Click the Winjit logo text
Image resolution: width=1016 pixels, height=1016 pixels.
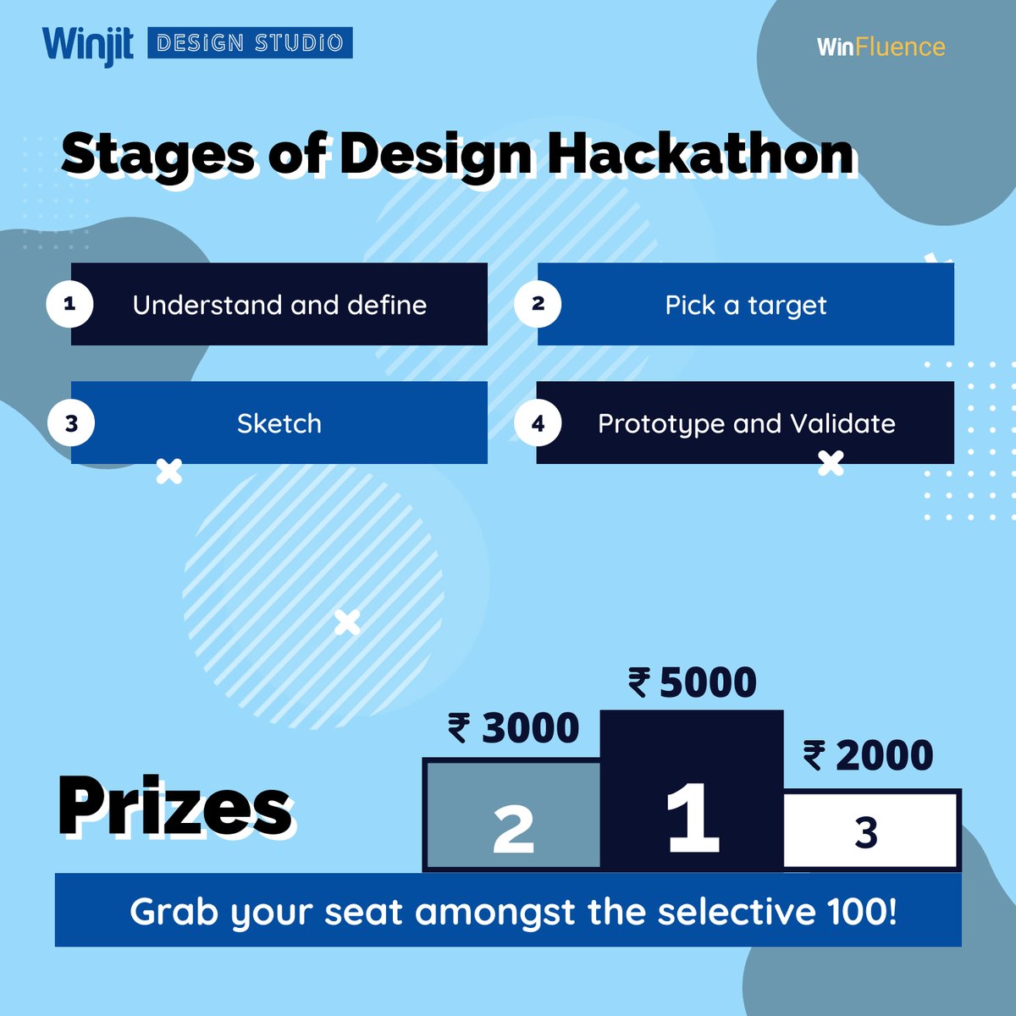(x=87, y=45)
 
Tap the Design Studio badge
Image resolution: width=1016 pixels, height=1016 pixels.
(x=250, y=43)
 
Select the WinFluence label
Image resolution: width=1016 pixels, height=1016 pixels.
(x=881, y=47)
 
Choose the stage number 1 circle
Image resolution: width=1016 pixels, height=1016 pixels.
(x=69, y=303)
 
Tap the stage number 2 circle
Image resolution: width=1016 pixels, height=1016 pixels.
(x=538, y=303)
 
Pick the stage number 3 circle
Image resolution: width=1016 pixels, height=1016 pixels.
(x=71, y=422)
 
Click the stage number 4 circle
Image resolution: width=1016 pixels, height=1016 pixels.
(x=538, y=422)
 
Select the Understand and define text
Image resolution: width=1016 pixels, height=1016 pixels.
(x=279, y=305)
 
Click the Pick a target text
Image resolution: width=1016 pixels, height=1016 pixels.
(x=746, y=305)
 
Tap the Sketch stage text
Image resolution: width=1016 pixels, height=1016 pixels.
(x=279, y=423)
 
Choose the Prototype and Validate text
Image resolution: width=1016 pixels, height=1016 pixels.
(x=746, y=423)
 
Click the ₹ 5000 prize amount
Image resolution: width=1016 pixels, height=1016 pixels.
(x=693, y=682)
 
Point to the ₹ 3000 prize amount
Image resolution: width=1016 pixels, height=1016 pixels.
(x=514, y=728)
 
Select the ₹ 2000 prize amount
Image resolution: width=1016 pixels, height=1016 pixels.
(x=868, y=755)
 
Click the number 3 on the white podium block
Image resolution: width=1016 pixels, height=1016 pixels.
(x=865, y=832)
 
